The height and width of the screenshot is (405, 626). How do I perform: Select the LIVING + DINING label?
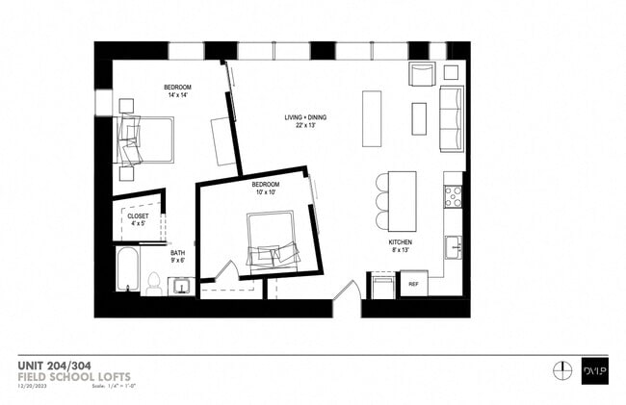tap(304, 117)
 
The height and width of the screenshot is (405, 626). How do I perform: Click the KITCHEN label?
tap(402, 243)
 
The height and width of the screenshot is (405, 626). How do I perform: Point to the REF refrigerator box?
tap(413, 284)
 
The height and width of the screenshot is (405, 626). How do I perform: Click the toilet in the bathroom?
tap(154, 283)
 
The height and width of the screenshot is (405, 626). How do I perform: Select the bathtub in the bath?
tap(126, 270)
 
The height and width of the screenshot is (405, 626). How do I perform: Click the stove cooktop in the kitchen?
tap(454, 196)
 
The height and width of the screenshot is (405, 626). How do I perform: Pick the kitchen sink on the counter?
tap(454, 247)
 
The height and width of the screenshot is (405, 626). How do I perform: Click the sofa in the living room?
tap(451, 118)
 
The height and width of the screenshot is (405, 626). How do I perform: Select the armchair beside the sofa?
tap(422, 74)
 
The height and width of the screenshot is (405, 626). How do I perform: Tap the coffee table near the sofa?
tap(419, 118)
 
